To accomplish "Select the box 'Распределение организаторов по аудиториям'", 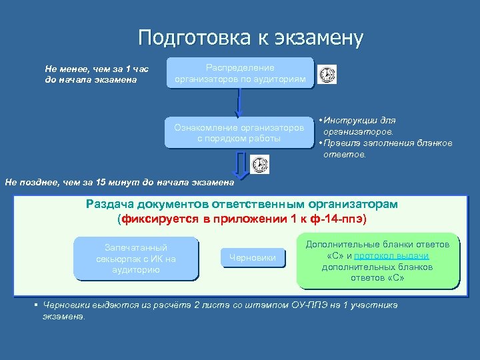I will pyautogui.click(x=240, y=73).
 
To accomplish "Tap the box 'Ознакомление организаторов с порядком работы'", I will pyautogui.click(x=239, y=133).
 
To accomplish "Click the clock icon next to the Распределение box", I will pyautogui.click(x=327, y=75).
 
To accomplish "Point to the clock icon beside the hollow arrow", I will pyautogui.click(x=260, y=165).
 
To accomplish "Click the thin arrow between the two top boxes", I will pyautogui.click(x=238, y=104).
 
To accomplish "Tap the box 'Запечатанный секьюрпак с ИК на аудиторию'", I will pyautogui.click(x=136, y=259).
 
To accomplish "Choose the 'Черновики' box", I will pyautogui.click(x=252, y=257).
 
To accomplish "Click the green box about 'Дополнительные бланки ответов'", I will pyautogui.click(x=377, y=261).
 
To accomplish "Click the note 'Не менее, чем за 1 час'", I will pyautogui.click(x=97, y=69).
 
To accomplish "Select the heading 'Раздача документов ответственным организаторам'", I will pyautogui.click(x=241, y=204).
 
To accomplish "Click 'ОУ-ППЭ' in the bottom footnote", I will pyautogui.click(x=307, y=305).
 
